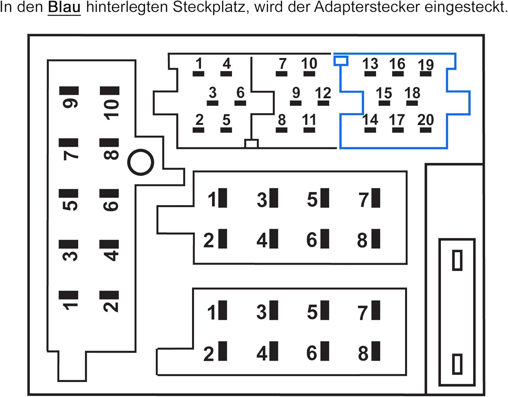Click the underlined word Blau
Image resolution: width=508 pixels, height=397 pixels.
point(64,7)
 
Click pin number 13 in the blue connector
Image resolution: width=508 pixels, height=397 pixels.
point(370,64)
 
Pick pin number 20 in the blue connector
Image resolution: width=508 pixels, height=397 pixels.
point(425,120)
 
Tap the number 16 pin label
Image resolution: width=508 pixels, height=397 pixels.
point(397,64)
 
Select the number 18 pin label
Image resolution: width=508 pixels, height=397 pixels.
point(412,93)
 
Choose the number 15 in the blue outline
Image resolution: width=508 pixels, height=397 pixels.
point(384,93)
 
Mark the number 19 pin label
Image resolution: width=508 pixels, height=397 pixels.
point(426,64)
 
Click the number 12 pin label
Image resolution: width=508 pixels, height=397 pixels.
point(323,93)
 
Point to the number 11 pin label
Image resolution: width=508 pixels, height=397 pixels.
point(309,120)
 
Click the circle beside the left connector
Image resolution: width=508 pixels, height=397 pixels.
point(141,162)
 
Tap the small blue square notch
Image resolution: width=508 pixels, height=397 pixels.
point(341,61)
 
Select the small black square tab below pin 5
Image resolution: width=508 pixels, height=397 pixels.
point(251,144)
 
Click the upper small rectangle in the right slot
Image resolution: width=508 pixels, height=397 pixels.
point(457,260)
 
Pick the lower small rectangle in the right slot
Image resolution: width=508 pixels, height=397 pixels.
point(457,364)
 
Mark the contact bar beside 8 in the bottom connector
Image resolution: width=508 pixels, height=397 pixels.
point(376,351)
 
